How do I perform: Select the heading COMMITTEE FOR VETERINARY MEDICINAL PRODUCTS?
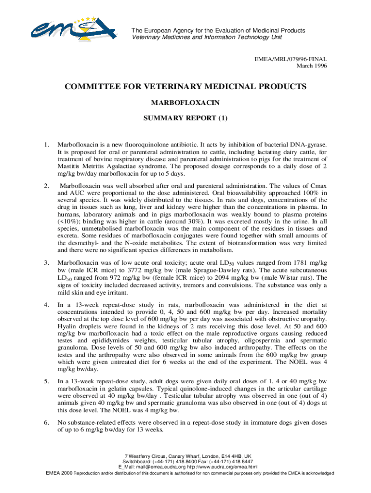[185, 87]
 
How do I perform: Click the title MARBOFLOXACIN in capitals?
[185, 103]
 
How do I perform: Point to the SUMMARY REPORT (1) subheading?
[185, 118]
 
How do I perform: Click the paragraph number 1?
[45, 144]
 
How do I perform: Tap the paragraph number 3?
[45, 263]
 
